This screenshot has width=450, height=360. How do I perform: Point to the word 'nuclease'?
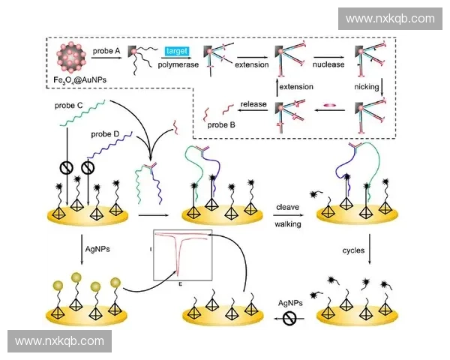(328, 65)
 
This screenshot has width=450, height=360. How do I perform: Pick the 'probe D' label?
(106, 134)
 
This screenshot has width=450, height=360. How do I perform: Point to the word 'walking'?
(289, 224)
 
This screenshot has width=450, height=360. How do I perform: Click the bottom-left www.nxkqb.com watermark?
(60, 341)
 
